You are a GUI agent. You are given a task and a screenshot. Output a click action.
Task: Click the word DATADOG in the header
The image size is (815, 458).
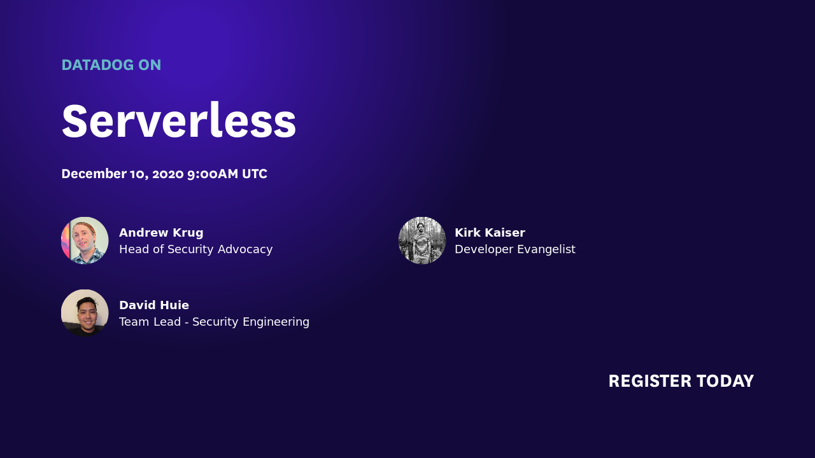97,65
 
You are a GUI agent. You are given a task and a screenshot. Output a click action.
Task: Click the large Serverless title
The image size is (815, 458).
179,121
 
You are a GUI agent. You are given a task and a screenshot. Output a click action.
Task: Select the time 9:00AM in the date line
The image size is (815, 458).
212,174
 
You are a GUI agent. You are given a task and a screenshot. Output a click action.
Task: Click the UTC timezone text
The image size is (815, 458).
254,174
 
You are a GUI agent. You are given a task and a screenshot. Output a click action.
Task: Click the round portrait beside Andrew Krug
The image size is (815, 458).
85,240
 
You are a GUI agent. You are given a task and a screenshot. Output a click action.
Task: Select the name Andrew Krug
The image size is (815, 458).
161,233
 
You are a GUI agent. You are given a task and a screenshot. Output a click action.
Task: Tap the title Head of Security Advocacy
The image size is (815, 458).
195,249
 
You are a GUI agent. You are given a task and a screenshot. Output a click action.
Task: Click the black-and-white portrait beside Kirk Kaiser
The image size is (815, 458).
422,240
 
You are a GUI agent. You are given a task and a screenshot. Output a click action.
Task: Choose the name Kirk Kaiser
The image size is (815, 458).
490,233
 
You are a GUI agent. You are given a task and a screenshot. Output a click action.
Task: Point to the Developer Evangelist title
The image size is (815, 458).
514,249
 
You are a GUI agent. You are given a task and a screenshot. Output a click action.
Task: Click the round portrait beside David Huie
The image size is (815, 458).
85,313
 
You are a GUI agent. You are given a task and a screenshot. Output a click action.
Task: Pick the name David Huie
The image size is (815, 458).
154,305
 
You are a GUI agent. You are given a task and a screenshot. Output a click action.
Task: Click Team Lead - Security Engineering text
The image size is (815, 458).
214,322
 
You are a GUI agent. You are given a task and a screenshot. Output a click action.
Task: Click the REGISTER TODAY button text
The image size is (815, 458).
681,381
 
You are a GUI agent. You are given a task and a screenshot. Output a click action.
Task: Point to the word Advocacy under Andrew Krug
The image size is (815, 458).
245,249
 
